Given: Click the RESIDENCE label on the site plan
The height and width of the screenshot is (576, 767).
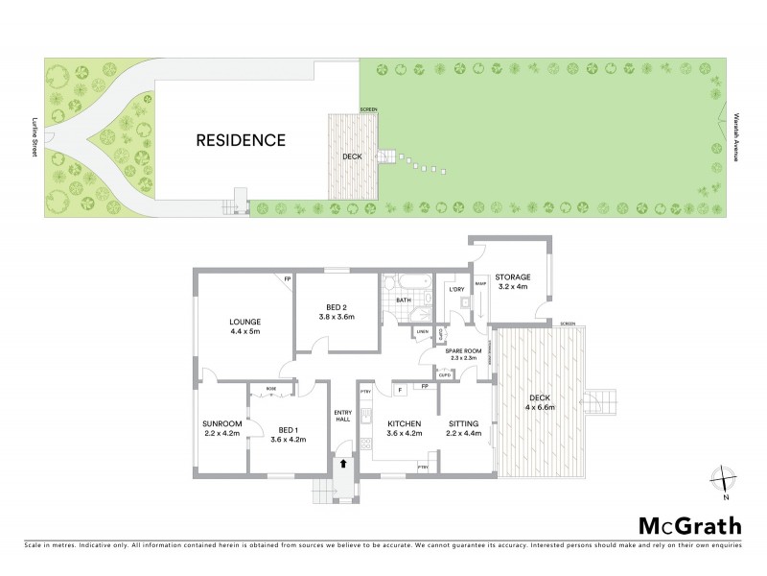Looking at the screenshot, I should coord(241,140).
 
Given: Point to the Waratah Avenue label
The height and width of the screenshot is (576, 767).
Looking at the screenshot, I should coord(736,131).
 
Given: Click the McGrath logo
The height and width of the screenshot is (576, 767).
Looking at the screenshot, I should coord(689,525).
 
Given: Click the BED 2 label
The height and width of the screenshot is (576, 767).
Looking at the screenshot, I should coord(337,305).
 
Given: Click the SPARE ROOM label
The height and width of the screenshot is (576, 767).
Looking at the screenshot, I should coord(460,351).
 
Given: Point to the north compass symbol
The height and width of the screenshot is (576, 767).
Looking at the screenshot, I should coord(726,480).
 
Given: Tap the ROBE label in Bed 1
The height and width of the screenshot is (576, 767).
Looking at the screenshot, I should coord(272,389).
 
